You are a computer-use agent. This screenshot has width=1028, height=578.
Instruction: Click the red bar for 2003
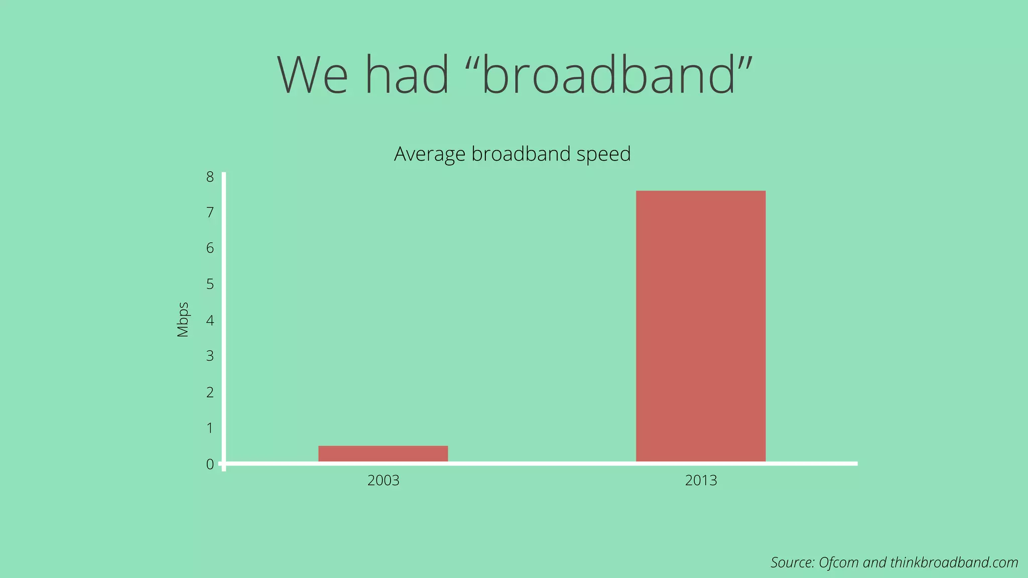pos(383,454)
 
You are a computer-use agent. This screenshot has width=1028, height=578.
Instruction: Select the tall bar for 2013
pos(701,326)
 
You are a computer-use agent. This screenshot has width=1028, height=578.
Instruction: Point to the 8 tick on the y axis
pos(210,177)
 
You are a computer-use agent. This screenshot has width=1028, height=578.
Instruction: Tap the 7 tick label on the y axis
pos(210,213)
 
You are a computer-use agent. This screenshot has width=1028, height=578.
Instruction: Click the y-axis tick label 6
pos(210,248)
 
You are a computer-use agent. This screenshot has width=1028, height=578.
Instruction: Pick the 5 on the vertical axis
pos(210,284)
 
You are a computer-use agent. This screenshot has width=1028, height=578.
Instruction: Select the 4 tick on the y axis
pos(210,320)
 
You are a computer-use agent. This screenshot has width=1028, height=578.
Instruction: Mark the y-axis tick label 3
pos(210,356)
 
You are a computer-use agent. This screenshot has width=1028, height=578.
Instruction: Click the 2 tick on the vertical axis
pos(210,392)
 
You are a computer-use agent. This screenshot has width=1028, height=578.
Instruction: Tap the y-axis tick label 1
pos(210,428)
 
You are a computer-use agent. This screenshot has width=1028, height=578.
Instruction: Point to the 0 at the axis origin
pos(210,465)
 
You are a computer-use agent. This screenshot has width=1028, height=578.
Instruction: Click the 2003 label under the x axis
pos(383,481)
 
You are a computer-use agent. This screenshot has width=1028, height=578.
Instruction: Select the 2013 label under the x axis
pos(701,481)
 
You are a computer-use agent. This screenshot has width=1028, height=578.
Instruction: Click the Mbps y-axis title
pos(183,320)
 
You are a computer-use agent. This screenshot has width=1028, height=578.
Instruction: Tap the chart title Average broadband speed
pos(512,154)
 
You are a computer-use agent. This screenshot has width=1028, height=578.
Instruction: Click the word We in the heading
pos(313,75)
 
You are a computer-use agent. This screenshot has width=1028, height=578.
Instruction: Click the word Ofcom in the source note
pos(838,562)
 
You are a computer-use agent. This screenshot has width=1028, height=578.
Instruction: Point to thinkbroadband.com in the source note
pos(954,562)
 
